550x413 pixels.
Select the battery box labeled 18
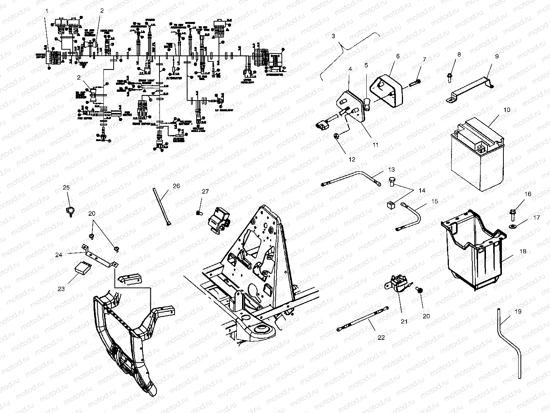point(473,250)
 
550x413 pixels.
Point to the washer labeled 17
point(513,227)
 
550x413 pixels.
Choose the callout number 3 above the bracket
point(333,36)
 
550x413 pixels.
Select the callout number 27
point(205,192)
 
